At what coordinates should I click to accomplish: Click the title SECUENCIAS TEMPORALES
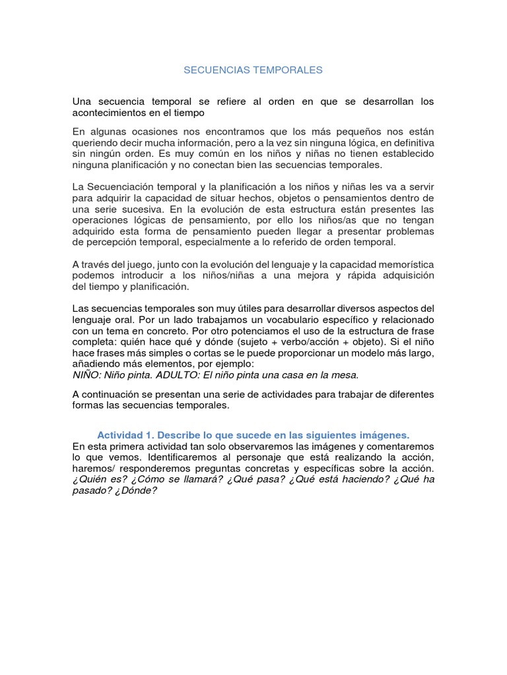click(253, 70)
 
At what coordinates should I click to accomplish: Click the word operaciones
click(101, 221)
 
